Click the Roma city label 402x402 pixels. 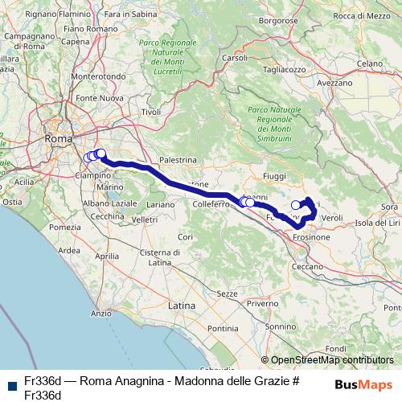coord(59,138)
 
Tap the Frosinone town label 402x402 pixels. coord(314,238)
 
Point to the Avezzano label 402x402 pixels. coord(334,83)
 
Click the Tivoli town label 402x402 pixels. coord(151,113)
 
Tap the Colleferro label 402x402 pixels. coord(211,205)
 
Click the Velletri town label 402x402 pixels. coord(145,219)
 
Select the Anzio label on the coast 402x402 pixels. coord(100,314)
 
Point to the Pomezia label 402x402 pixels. coord(62,228)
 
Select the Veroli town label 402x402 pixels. coord(331,218)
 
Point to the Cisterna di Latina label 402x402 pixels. coord(163,257)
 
